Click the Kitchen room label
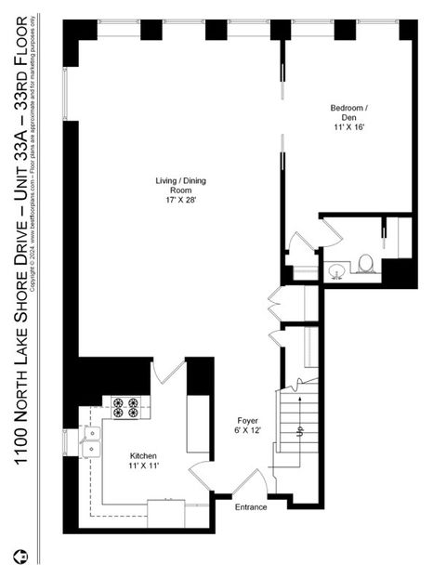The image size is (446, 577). (x=143, y=456)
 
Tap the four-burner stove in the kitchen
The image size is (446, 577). (x=125, y=407)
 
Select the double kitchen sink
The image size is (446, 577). (x=90, y=442)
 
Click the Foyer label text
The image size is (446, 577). (x=246, y=420)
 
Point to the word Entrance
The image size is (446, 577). (x=251, y=507)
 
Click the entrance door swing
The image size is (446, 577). (x=249, y=482)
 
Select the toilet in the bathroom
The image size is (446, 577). (x=365, y=265)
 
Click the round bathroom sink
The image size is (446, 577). (x=336, y=270)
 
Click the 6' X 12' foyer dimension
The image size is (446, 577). (x=246, y=431)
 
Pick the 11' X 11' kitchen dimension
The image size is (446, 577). (x=143, y=467)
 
